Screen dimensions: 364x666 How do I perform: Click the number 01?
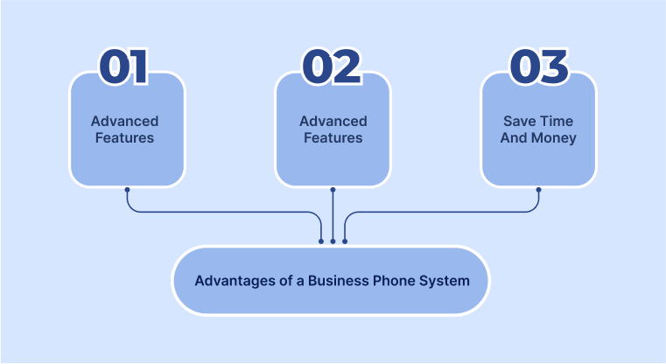pyautogui.click(x=123, y=67)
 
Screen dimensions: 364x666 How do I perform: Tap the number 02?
pyautogui.click(x=332, y=67)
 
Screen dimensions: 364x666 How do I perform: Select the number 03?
pyautogui.click(x=539, y=67)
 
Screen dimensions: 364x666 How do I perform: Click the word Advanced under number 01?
pyautogui.click(x=126, y=122)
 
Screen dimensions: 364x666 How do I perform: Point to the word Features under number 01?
pyautogui.click(x=126, y=138)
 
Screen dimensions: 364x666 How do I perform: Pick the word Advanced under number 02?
pyautogui.click(x=333, y=122)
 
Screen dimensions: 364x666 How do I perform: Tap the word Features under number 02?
pyautogui.click(x=333, y=138)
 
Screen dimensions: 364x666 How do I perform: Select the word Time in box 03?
pyautogui.click(x=556, y=122)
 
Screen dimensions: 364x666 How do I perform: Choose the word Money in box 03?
pyautogui.click(x=555, y=138)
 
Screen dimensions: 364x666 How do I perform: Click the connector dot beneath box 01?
pyautogui.click(x=127, y=189)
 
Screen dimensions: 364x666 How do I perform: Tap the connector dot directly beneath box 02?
pyautogui.click(x=333, y=189)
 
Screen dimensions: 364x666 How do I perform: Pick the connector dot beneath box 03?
pyautogui.click(x=539, y=189)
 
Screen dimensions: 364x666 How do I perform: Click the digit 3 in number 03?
pyautogui.click(x=555, y=67)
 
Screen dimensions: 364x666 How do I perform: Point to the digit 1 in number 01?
pyautogui.click(x=138, y=67)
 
